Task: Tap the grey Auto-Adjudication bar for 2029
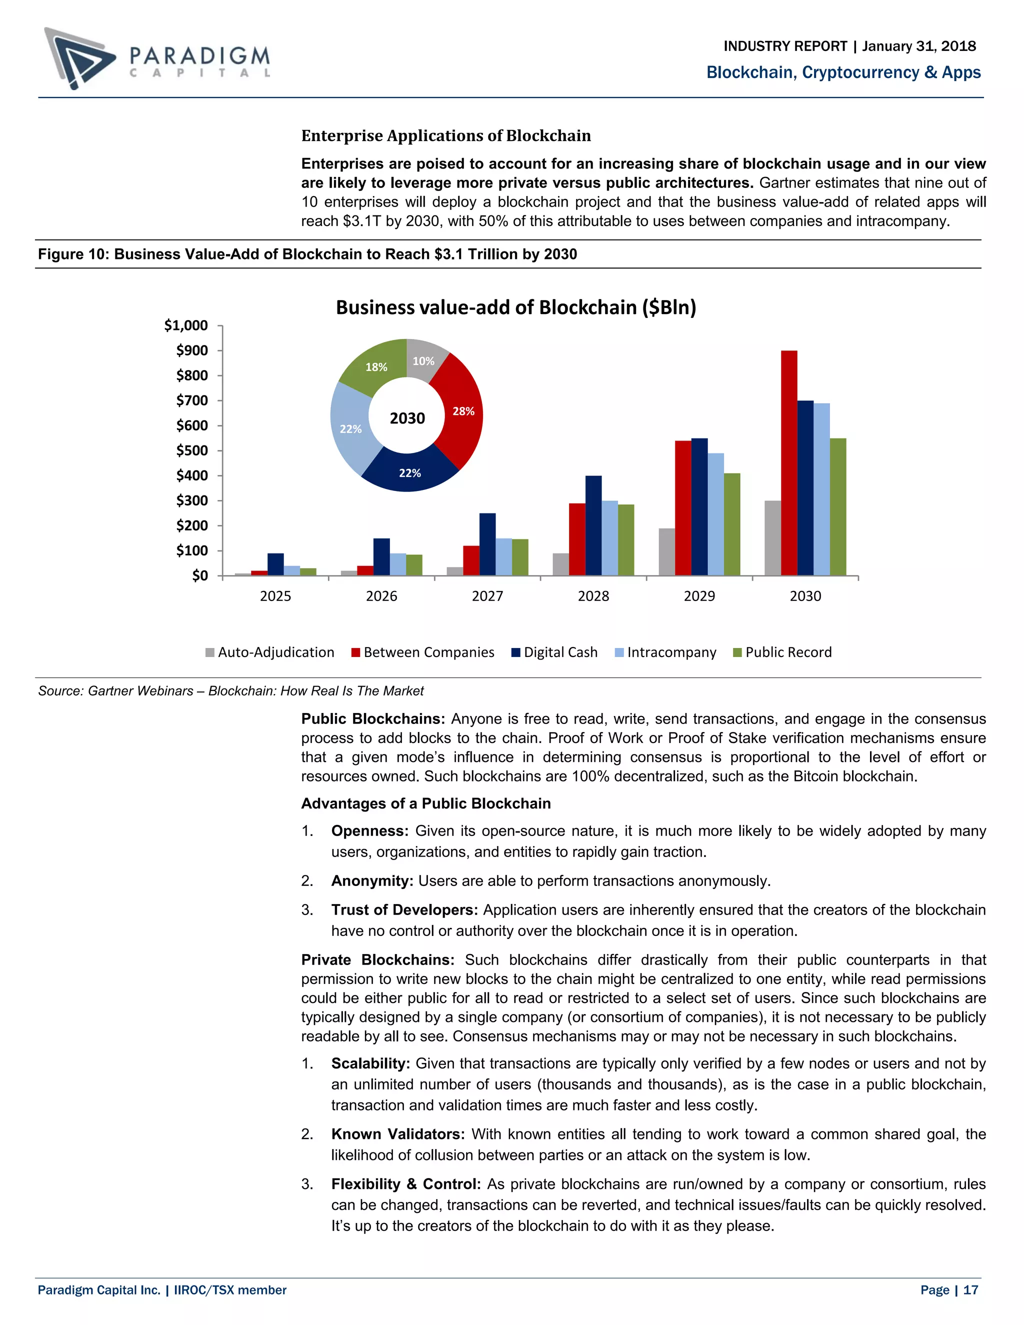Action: click(666, 551)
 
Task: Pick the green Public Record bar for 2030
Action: click(838, 506)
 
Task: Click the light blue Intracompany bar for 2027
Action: click(503, 556)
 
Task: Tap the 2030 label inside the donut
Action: click(407, 418)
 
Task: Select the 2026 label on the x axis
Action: click(381, 596)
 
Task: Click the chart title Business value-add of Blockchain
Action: click(515, 307)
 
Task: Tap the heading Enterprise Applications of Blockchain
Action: click(446, 135)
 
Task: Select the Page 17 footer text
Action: click(949, 1290)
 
